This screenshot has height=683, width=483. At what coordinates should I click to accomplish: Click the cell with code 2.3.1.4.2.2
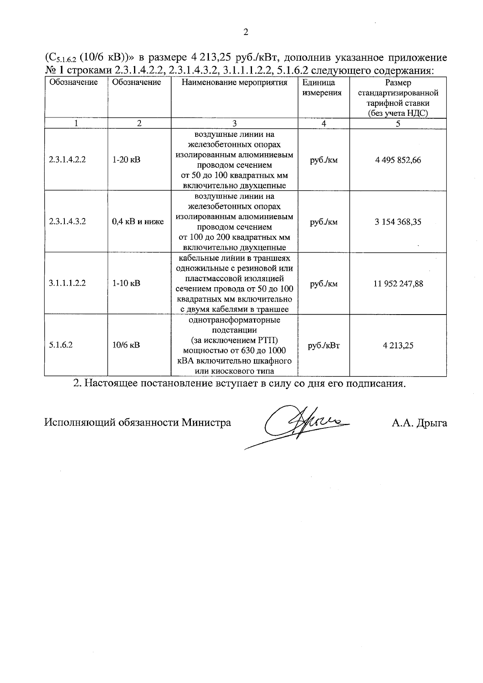67,160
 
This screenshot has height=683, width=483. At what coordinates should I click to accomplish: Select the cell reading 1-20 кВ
126,160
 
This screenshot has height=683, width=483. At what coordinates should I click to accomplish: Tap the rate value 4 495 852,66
398,160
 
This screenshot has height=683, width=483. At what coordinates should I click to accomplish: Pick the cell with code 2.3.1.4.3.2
67,222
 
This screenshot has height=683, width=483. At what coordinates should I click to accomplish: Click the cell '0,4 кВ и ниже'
138,222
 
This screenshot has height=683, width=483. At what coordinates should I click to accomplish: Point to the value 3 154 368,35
398,222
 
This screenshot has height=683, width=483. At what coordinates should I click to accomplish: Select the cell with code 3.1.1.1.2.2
67,283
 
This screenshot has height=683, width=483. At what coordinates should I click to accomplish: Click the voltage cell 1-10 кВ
126,283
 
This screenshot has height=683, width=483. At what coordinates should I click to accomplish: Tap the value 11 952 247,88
398,284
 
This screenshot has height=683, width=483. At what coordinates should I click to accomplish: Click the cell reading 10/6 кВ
126,345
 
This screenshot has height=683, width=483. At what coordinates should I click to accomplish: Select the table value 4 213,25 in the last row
398,346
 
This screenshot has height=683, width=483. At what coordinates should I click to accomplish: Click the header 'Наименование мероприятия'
234,83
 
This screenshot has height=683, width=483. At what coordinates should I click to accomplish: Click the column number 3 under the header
235,123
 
